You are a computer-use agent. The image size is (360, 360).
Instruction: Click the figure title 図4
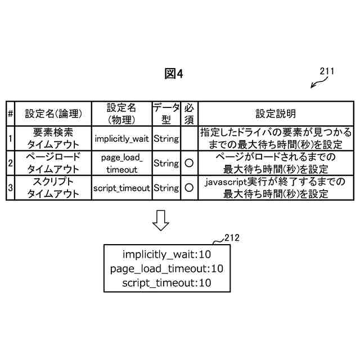[x=174, y=74]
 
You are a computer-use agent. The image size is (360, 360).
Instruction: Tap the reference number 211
[x=327, y=71]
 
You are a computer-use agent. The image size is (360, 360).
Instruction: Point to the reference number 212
[x=232, y=238]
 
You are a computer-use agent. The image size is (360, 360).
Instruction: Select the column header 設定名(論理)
[x=54, y=114]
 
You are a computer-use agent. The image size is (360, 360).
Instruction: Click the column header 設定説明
[x=276, y=114]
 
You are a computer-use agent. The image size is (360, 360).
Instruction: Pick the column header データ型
[x=166, y=114]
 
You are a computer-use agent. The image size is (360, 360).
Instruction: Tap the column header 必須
[x=190, y=114]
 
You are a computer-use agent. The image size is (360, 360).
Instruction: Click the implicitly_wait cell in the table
[x=122, y=138]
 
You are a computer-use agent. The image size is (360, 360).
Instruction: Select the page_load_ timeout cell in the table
[x=122, y=163]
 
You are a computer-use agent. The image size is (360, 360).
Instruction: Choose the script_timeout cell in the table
[x=122, y=188]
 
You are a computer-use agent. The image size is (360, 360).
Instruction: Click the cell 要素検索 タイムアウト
[x=54, y=138]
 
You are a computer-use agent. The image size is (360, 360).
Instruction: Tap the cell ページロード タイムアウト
[x=54, y=163]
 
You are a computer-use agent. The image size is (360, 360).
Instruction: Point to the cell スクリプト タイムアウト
[x=54, y=188]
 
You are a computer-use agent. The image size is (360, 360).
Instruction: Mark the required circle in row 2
[x=190, y=163]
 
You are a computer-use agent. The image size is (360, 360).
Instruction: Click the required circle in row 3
[x=190, y=188]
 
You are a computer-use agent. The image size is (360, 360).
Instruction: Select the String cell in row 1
[x=166, y=138]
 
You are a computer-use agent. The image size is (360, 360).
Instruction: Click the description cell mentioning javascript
[x=276, y=188]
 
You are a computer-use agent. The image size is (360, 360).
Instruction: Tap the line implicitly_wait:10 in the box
[x=166, y=254]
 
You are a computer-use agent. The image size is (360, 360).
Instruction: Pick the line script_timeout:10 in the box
[x=166, y=283]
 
